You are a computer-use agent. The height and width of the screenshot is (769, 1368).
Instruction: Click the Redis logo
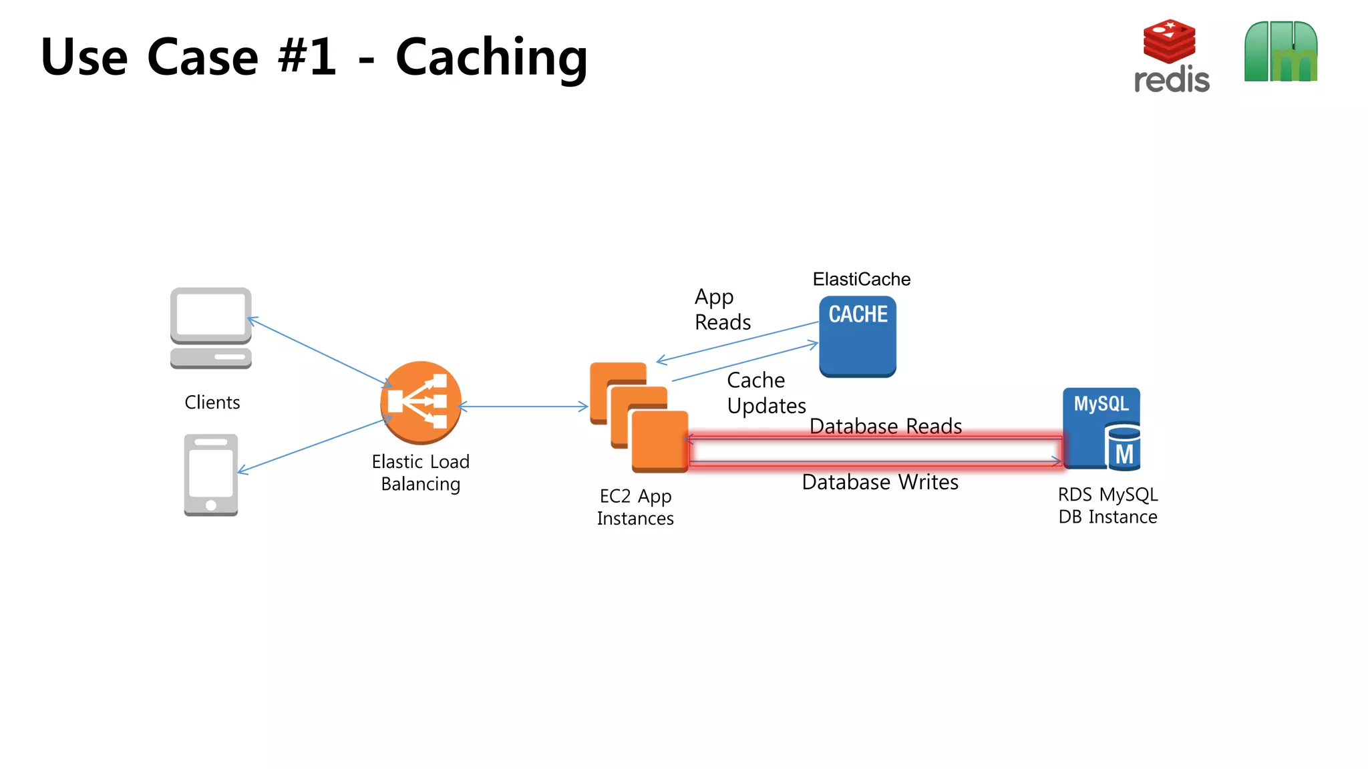pyautogui.click(x=1171, y=56)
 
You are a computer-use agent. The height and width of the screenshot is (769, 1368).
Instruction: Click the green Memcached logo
pyautogui.click(x=1280, y=52)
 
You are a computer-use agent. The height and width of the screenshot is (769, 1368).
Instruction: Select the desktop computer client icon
pyautogui.click(x=211, y=328)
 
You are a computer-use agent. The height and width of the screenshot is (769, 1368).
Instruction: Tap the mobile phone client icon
pyautogui.click(x=211, y=475)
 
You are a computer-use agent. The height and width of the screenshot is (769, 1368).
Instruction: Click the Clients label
pyautogui.click(x=212, y=403)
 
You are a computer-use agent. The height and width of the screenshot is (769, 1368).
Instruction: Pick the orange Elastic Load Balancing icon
pyautogui.click(x=421, y=403)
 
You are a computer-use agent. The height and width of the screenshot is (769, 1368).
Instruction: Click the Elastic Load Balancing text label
pyautogui.click(x=421, y=473)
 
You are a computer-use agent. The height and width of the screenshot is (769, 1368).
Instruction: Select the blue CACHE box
pyautogui.click(x=858, y=336)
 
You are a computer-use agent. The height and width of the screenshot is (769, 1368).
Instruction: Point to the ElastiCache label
pyautogui.click(x=861, y=279)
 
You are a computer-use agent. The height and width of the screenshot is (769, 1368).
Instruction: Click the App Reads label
pyautogui.click(x=721, y=310)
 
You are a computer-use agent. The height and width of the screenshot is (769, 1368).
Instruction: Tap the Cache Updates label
pyautogui.click(x=765, y=393)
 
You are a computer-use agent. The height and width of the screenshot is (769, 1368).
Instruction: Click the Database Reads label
pyautogui.click(x=885, y=426)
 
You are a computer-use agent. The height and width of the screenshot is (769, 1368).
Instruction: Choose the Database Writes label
pyautogui.click(x=880, y=482)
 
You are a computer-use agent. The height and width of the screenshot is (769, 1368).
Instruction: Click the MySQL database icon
pyautogui.click(x=1101, y=429)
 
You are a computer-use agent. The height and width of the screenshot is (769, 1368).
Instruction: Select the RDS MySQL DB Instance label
pyautogui.click(x=1107, y=505)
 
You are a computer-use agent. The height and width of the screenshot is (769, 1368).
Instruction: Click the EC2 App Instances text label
pyautogui.click(x=635, y=507)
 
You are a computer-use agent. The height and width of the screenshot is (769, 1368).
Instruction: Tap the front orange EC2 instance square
pyautogui.click(x=659, y=441)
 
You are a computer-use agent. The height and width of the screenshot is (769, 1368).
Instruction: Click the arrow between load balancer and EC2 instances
pyautogui.click(x=524, y=406)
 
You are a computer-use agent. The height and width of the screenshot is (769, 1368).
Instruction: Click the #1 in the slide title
pyautogui.click(x=307, y=57)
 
